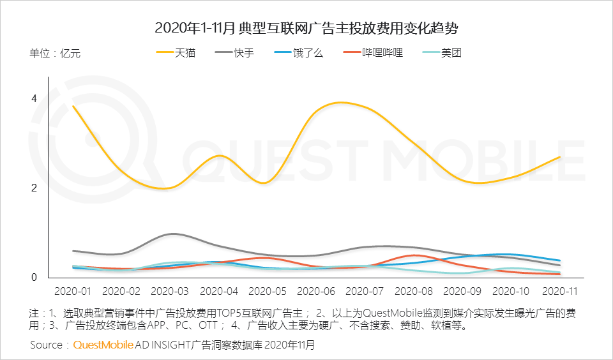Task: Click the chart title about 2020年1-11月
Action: pos(306,28)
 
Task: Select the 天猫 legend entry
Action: pos(176,52)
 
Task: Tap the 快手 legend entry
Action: pos(234,52)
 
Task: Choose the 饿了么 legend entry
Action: pos(299,52)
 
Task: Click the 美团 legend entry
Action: pos(442,52)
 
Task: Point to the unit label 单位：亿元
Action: pos(55,53)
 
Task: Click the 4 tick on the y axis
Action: pos(34,98)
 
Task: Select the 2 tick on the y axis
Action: pos(34,188)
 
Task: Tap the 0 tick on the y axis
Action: pos(34,277)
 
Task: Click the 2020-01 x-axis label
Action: pos(73,291)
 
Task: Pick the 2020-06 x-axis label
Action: pos(316,291)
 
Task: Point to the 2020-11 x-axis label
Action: pos(560,291)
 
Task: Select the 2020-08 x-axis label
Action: pos(414,291)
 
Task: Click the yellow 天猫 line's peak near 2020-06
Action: pos(341,102)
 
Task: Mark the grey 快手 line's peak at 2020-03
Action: pos(172,234)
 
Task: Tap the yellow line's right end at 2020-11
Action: pos(560,157)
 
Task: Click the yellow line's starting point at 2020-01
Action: pos(73,107)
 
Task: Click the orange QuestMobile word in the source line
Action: pos(103,345)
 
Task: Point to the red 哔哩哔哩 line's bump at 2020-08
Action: pos(414,255)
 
